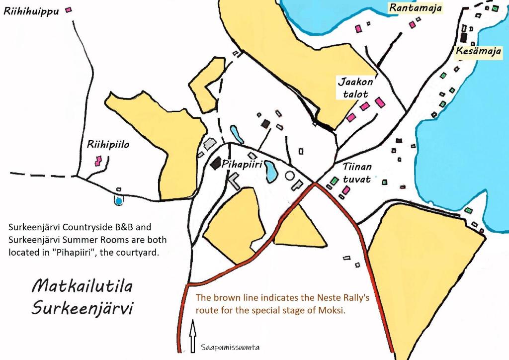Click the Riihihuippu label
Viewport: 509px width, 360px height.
31,10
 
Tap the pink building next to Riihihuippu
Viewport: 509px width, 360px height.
69,9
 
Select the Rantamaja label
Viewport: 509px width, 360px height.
415,8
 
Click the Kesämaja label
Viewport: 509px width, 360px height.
478,51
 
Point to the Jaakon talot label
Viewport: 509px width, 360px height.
355,88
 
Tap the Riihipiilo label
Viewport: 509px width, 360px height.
108,145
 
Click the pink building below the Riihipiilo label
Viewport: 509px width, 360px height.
98,161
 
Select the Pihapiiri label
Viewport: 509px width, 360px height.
242,164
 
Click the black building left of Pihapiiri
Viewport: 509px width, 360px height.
216,163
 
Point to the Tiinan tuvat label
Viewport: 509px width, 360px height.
357,173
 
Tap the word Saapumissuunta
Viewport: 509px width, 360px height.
230,348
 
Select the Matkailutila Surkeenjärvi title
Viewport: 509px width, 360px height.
83,297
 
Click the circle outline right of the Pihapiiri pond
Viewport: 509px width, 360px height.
290,176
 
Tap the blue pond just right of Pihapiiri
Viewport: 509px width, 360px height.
271,171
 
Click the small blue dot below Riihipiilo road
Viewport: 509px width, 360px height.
118,200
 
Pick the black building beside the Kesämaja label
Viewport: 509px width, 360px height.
463,37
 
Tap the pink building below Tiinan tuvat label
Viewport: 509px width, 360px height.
346,190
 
